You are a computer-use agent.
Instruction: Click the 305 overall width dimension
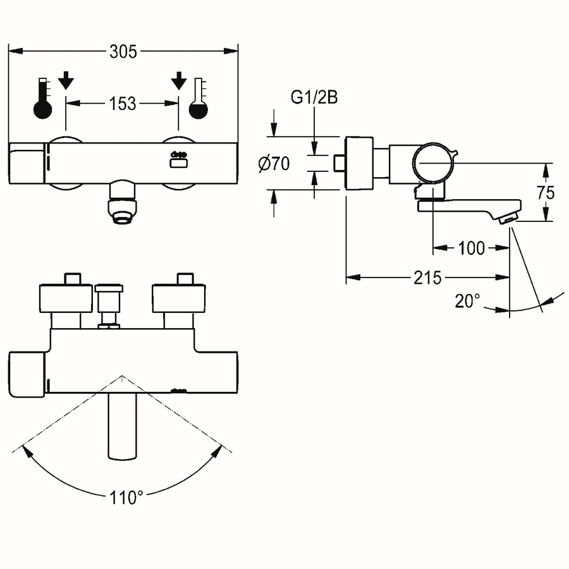(123, 52)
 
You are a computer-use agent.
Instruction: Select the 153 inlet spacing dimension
(123, 104)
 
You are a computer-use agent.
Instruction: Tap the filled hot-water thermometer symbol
(43, 98)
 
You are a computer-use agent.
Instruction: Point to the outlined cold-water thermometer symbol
(198, 98)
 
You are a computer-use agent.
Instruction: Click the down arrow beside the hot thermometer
(66, 80)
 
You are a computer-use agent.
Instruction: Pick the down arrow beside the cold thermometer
(178, 80)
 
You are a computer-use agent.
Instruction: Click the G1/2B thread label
(314, 97)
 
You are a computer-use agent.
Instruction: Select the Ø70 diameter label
(274, 164)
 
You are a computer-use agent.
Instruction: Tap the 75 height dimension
(546, 193)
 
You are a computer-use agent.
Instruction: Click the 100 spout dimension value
(472, 248)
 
